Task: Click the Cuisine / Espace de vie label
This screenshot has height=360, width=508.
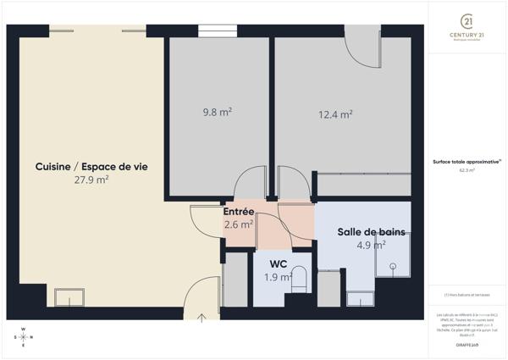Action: (x=91, y=167)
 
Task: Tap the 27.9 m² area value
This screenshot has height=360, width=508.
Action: (x=91, y=180)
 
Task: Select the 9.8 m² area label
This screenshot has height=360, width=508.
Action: (x=218, y=111)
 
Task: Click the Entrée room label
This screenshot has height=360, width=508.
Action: (x=239, y=212)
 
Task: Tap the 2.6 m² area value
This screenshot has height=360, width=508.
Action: (x=239, y=224)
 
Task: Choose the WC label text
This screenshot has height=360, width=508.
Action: (x=278, y=263)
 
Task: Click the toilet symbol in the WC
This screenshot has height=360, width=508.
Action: (x=299, y=282)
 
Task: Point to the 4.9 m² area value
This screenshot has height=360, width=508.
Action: (x=372, y=245)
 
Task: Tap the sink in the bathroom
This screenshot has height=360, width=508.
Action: (x=360, y=297)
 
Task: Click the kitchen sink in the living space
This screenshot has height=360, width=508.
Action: (x=69, y=296)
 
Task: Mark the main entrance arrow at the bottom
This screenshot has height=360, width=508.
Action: (x=202, y=318)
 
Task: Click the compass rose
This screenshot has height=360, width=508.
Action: (x=24, y=337)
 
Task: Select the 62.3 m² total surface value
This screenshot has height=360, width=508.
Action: (x=467, y=170)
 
